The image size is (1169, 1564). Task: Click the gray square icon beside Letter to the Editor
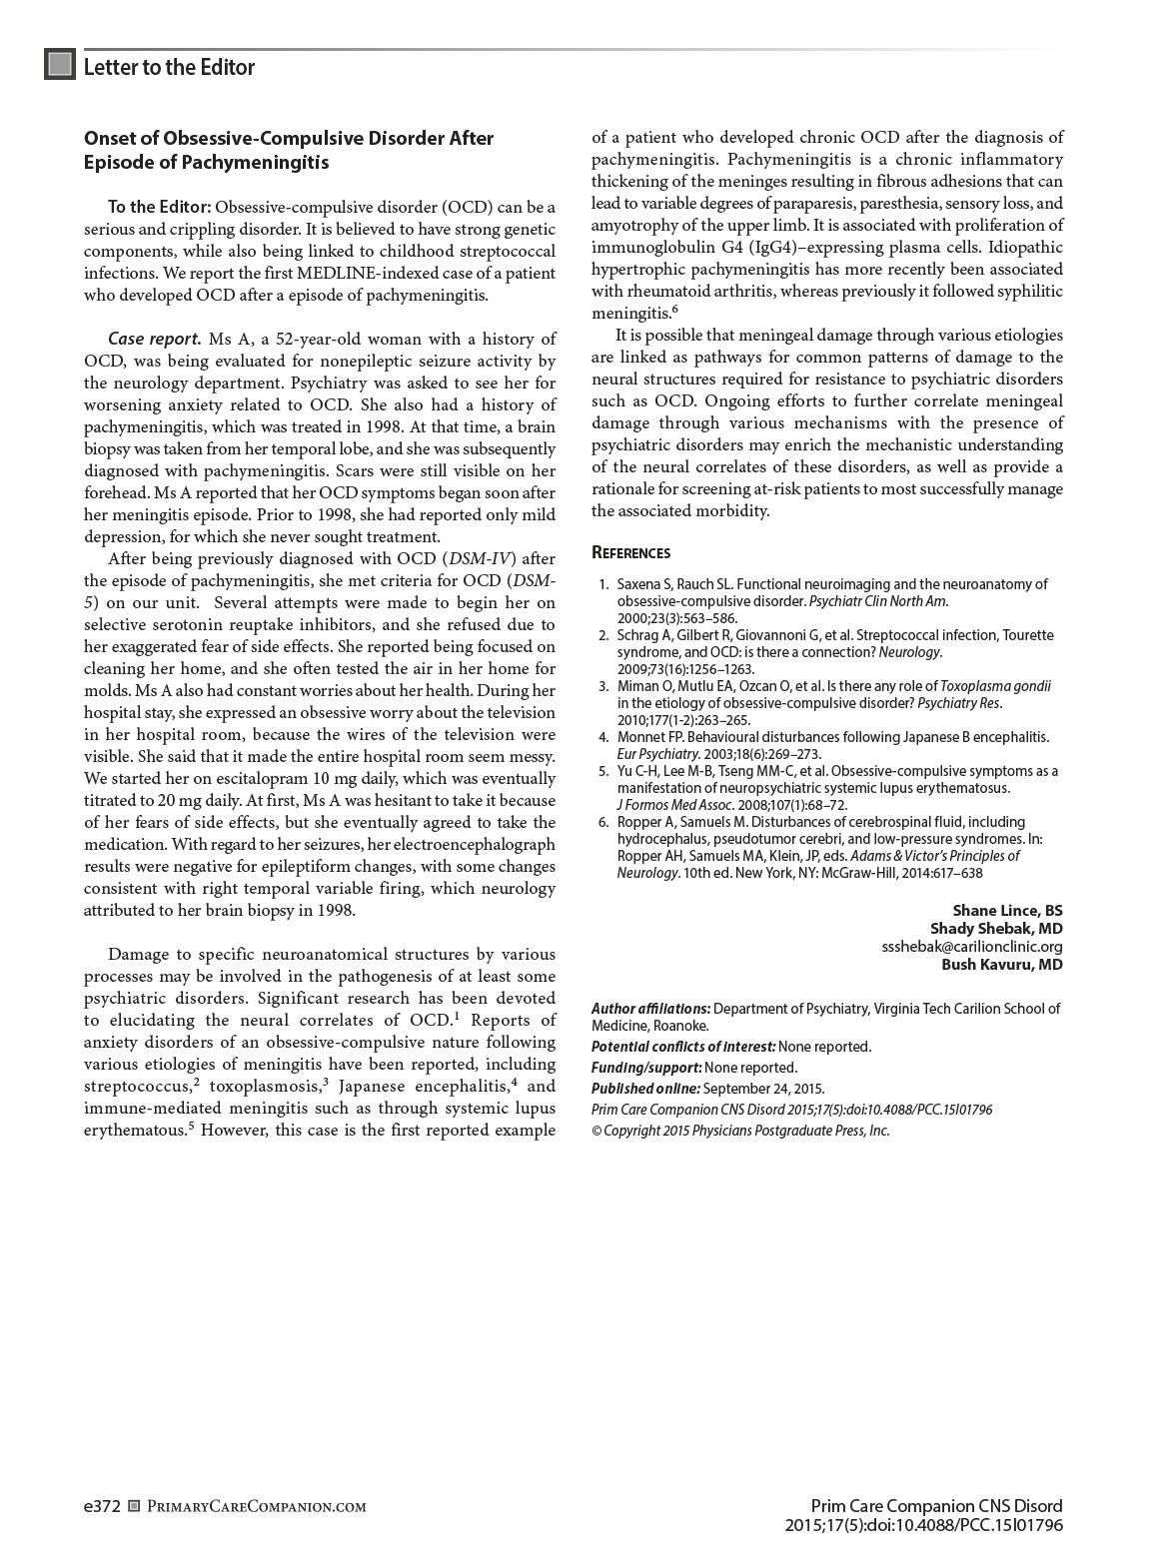[x=60, y=65]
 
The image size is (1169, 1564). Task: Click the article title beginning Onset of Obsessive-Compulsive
[x=288, y=150]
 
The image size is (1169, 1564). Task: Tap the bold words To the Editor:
[x=159, y=207]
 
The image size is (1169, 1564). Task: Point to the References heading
[x=630, y=552]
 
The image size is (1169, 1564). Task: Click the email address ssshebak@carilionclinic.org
[x=971, y=946]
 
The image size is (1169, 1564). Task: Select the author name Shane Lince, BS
[x=1007, y=910]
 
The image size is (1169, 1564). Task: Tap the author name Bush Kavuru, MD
[x=1001, y=964]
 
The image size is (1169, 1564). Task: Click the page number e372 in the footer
[x=102, y=1506]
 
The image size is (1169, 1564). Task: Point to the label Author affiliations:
[x=650, y=1009]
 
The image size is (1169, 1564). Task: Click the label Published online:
[x=645, y=1089]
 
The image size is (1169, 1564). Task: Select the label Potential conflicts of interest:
[x=683, y=1047]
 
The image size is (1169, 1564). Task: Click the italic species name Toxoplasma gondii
[x=995, y=686]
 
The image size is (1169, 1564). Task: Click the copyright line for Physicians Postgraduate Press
[x=740, y=1131]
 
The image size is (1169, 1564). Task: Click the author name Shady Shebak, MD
[x=996, y=928]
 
